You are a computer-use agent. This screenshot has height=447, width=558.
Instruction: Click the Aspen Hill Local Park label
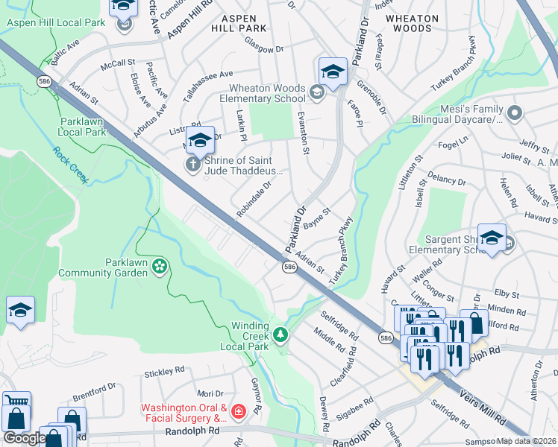click(x=56, y=23)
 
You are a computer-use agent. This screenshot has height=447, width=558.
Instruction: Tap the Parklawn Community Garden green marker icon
click(x=158, y=266)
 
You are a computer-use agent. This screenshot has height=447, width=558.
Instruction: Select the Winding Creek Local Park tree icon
click(x=280, y=335)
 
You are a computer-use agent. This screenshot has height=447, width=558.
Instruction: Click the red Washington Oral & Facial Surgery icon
click(x=238, y=411)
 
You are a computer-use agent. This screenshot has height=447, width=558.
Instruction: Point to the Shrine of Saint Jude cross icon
click(x=192, y=164)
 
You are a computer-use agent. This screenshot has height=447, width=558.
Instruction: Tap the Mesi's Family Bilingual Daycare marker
click(x=514, y=113)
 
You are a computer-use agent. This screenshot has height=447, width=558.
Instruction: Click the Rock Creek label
click(x=70, y=165)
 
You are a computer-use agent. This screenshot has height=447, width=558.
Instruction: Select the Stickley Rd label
click(x=164, y=370)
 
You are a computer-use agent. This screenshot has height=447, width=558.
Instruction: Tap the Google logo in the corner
click(x=25, y=438)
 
